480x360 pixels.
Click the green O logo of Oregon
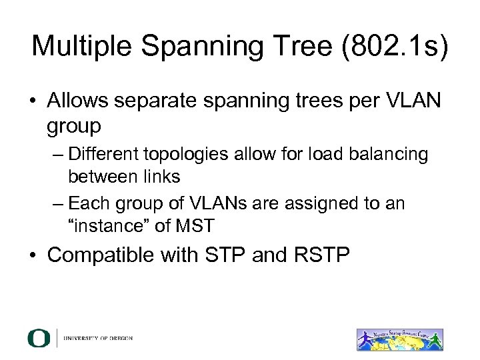[x=39, y=338]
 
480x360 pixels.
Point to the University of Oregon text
[x=98, y=339]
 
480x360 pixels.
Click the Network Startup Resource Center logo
[x=399, y=339]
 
